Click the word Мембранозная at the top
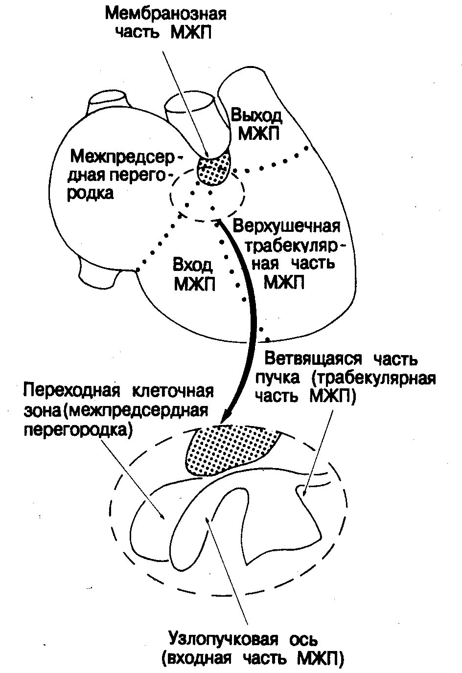(166, 13)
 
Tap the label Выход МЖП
(256, 124)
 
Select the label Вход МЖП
(194, 274)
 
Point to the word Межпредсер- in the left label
(126, 157)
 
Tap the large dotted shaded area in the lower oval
(230, 448)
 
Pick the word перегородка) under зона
(79, 429)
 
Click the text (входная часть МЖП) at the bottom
(253, 658)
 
